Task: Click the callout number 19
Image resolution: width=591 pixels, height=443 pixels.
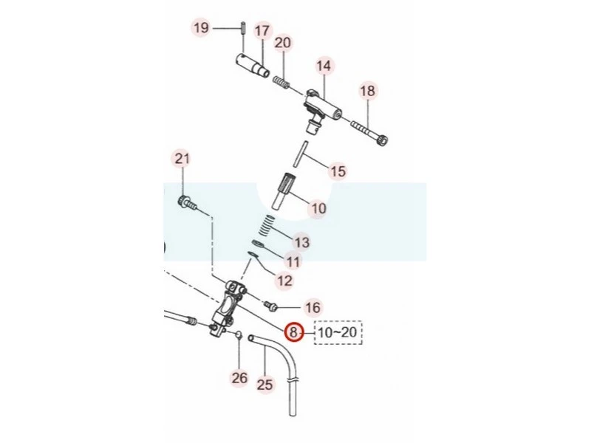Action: coord(201,27)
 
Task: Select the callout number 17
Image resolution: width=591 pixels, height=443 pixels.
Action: coord(263,30)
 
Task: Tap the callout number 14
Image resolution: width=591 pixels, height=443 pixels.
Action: coord(324,66)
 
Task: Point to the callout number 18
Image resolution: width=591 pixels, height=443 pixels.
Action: coord(367,91)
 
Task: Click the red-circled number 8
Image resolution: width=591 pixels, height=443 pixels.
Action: coord(293,332)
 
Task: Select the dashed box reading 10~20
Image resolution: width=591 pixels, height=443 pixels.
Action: coord(338,332)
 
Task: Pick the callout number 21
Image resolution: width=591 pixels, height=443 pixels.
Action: coord(182,159)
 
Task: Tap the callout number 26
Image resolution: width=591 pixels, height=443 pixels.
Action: coord(239,378)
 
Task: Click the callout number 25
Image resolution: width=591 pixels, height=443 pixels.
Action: coord(265,385)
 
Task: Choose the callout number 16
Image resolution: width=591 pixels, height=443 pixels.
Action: coord(312,307)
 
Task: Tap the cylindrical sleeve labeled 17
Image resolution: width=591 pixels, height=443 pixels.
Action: coord(253,64)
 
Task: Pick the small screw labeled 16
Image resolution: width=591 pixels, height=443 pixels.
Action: coord(270,306)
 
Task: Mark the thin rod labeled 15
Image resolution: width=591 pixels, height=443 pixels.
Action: coord(301,154)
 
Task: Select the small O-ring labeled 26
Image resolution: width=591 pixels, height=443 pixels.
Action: coord(238,334)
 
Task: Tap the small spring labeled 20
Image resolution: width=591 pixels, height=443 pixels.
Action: coord(281,82)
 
